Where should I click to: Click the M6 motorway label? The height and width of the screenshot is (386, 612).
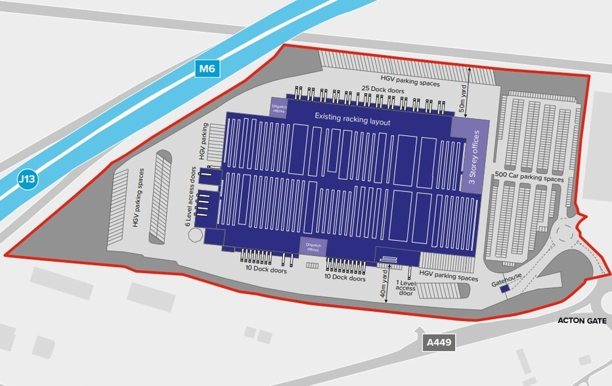click(208, 68)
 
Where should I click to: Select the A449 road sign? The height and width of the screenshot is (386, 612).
click(439, 342)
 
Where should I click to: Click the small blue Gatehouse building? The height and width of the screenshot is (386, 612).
click(505, 289)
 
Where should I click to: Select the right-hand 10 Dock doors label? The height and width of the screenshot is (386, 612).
click(346, 278)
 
